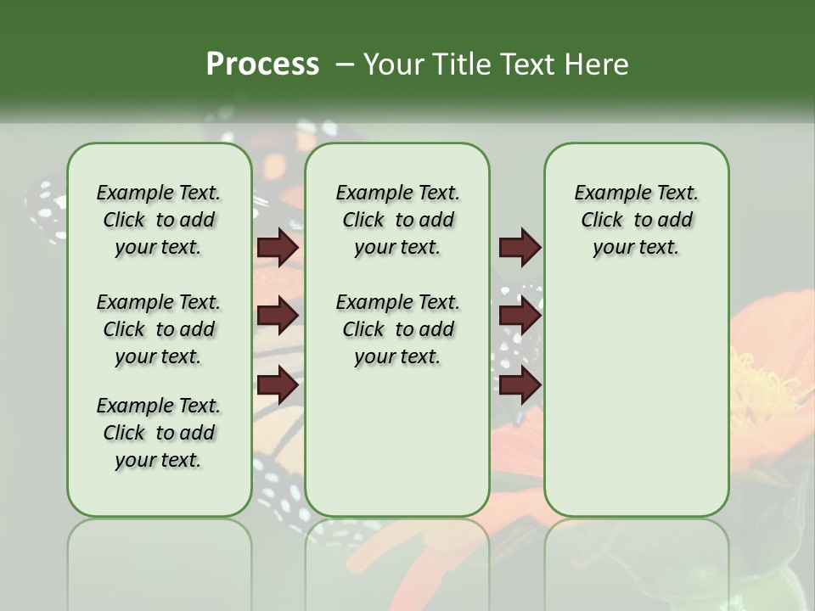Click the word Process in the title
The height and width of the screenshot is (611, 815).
[x=261, y=64]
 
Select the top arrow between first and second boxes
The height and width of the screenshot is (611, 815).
[x=278, y=247]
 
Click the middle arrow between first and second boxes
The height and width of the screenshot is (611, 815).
[x=278, y=316]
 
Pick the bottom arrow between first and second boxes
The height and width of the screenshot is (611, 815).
[x=278, y=385]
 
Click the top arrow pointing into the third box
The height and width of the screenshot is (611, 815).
[x=520, y=247]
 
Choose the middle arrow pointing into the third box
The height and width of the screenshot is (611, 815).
[x=520, y=316]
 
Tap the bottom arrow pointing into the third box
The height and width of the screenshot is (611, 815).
[x=520, y=385]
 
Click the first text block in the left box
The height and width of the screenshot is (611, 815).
[x=159, y=220]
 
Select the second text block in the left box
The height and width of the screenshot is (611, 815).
[x=159, y=329]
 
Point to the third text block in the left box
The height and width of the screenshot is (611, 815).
[x=159, y=433]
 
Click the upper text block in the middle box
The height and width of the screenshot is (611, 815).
[x=397, y=220]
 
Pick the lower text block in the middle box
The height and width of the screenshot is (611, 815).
[x=397, y=329]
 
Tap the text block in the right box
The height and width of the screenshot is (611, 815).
[x=636, y=220]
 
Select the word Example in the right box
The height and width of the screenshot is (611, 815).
[x=606, y=193]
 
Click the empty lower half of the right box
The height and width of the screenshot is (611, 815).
[x=636, y=407]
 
